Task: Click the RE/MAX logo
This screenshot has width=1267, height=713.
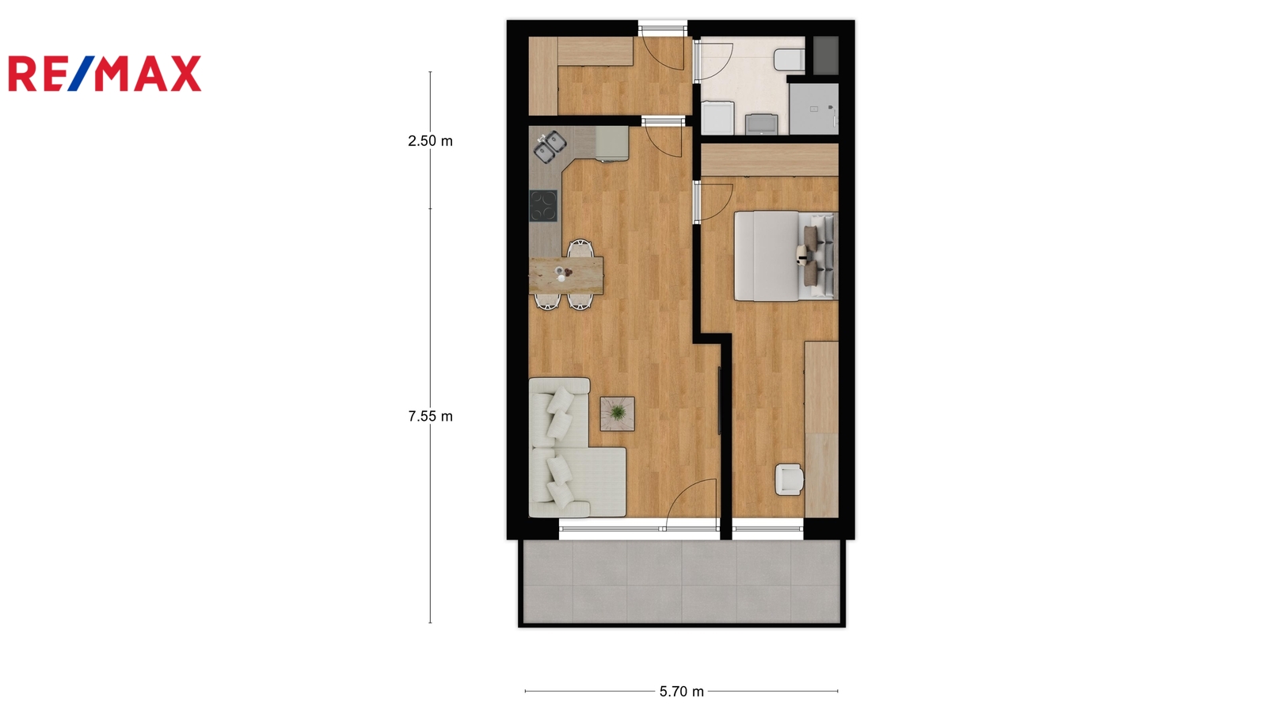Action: (x=105, y=74)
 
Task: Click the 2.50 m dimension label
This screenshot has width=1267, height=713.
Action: (x=431, y=141)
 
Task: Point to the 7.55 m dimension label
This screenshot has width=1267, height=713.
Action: (x=431, y=417)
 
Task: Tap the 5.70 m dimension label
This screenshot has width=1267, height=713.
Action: (x=682, y=692)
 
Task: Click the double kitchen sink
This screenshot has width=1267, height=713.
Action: (x=550, y=147)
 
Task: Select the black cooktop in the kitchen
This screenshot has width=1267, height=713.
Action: (x=543, y=205)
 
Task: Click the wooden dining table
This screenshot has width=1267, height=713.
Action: (x=566, y=276)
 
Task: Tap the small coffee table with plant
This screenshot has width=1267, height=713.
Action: (x=617, y=414)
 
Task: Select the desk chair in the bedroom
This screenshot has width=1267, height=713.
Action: (x=789, y=479)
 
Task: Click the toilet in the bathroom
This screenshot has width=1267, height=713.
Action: (x=789, y=60)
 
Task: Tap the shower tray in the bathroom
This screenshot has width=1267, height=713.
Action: (x=814, y=109)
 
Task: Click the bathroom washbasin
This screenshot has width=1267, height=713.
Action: (x=761, y=124)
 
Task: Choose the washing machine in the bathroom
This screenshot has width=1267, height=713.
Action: (x=717, y=118)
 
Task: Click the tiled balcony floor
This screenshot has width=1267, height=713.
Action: (x=682, y=581)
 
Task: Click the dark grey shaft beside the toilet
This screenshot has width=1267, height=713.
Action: (x=826, y=55)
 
